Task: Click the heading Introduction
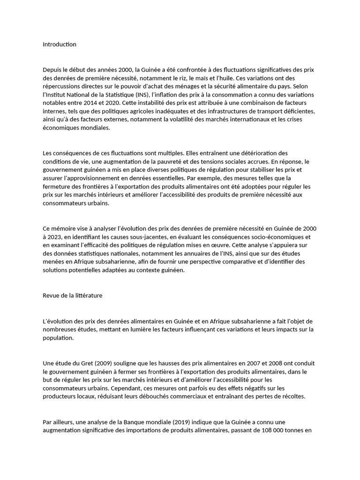[x=59, y=45]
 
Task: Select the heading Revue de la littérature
[x=72, y=296]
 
